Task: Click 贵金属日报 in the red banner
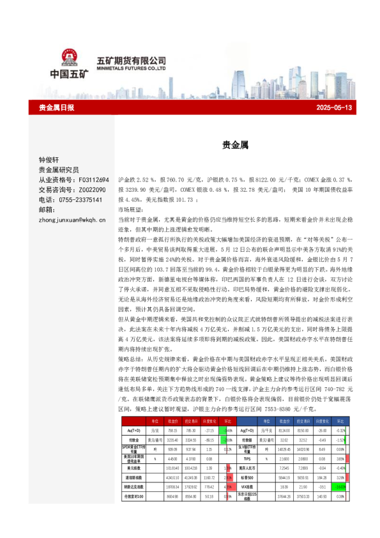coord(57,108)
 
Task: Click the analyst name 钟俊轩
coord(49,160)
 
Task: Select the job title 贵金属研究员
coord(59,170)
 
